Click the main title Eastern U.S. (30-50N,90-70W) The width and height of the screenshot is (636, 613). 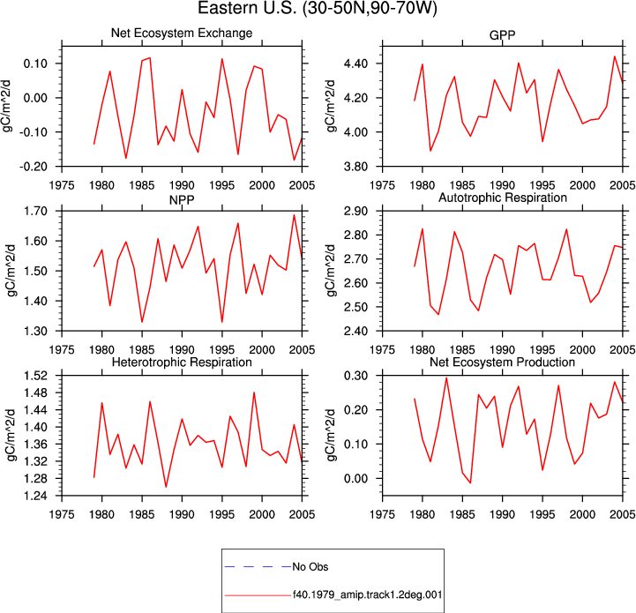[318, 9]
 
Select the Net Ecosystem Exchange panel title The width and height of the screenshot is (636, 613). [182, 33]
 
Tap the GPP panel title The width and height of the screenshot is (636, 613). [502, 35]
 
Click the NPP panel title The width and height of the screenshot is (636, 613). [182, 200]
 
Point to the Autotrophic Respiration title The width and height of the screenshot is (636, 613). [503, 198]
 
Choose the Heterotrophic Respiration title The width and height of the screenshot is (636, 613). [182, 362]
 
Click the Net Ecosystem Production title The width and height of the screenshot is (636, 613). [502, 362]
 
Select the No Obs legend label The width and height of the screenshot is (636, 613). [311, 567]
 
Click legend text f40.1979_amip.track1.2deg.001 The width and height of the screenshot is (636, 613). [367, 595]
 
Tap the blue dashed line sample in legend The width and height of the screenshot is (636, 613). [258, 567]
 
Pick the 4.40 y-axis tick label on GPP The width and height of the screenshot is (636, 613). [356, 64]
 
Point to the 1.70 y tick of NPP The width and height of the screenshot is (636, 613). [35, 211]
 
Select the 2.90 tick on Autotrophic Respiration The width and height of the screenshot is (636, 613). [356, 211]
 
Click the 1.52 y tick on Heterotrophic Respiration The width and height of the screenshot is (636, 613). [35, 376]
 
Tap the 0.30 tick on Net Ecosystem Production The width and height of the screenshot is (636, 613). [356, 376]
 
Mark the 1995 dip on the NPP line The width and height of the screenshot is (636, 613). [222, 322]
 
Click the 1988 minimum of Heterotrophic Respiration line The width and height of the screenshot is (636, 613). [166, 487]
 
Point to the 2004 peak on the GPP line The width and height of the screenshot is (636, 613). [615, 56]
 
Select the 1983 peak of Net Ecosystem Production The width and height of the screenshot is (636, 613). [446, 378]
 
